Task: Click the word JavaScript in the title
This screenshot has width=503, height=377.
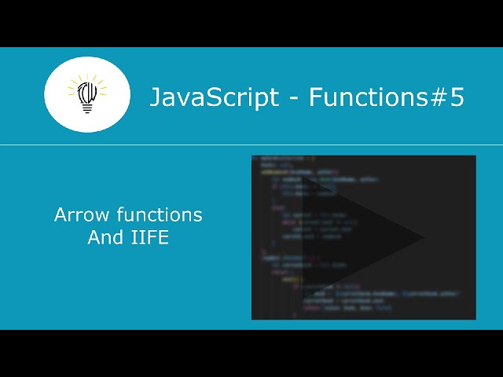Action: pyautogui.click(x=214, y=97)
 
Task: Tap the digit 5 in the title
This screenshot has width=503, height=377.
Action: pyautogui.click(x=457, y=97)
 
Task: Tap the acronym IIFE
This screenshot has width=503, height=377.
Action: pyautogui.click(x=150, y=236)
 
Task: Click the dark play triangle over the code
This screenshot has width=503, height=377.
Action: pyautogui.click(x=354, y=236)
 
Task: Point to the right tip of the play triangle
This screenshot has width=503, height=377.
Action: pyautogui.click(x=422, y=236)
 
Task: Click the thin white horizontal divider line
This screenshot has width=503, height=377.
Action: pyautogui.click(x=251, y=145)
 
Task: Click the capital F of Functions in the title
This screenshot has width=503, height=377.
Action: pyautogui.click(x=314, y=97)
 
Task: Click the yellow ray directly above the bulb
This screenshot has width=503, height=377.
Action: pyautogui.click(x=87, y=78)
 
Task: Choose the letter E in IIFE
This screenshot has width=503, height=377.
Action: pyautogui.click(x=163, y=236)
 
